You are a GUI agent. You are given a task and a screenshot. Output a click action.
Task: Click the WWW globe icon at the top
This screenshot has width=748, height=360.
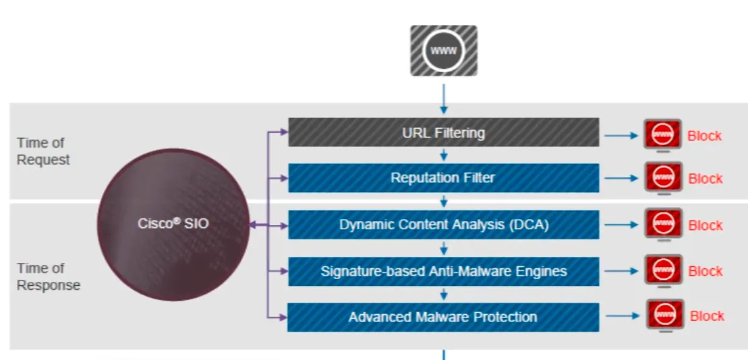click(443, 51)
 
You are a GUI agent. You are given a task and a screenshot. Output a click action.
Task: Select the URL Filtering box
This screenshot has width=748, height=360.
click(443, 132)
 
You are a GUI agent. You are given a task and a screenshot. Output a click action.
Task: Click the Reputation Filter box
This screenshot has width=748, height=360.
click(443, 178)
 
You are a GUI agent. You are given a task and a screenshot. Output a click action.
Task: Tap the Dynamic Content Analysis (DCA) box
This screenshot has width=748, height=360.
click(443, 224)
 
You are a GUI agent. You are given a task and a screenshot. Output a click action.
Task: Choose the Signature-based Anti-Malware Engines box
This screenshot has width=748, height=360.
click(443, 271)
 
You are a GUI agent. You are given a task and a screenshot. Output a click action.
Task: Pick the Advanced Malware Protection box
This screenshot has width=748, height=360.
click(443, 317)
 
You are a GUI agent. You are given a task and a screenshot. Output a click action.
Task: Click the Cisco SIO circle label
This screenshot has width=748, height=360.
click(173, 224)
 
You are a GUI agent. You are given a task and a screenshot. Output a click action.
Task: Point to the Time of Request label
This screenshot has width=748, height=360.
click(43, 151)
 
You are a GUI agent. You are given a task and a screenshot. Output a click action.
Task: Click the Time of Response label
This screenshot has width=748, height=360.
click(48, 276)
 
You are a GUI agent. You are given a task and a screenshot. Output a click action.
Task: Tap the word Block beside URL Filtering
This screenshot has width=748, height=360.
click(704, 136)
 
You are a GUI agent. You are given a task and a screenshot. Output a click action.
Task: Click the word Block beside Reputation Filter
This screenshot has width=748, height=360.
click(705, 179)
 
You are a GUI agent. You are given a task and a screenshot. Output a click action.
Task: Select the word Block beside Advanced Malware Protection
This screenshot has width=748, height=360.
click(707, 316)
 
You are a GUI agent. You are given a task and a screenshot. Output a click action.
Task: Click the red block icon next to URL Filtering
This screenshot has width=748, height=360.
click(662, 136)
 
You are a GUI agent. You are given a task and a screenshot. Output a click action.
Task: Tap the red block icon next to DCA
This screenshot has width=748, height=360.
click(663, 224)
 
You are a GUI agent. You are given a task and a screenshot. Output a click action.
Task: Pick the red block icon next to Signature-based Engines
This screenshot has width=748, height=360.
click(663, 271)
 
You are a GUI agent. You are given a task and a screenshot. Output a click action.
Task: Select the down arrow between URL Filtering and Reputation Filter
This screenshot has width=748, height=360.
click(443, 155)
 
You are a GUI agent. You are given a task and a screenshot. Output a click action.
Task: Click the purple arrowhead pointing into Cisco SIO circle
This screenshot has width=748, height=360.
click(254, 226)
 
